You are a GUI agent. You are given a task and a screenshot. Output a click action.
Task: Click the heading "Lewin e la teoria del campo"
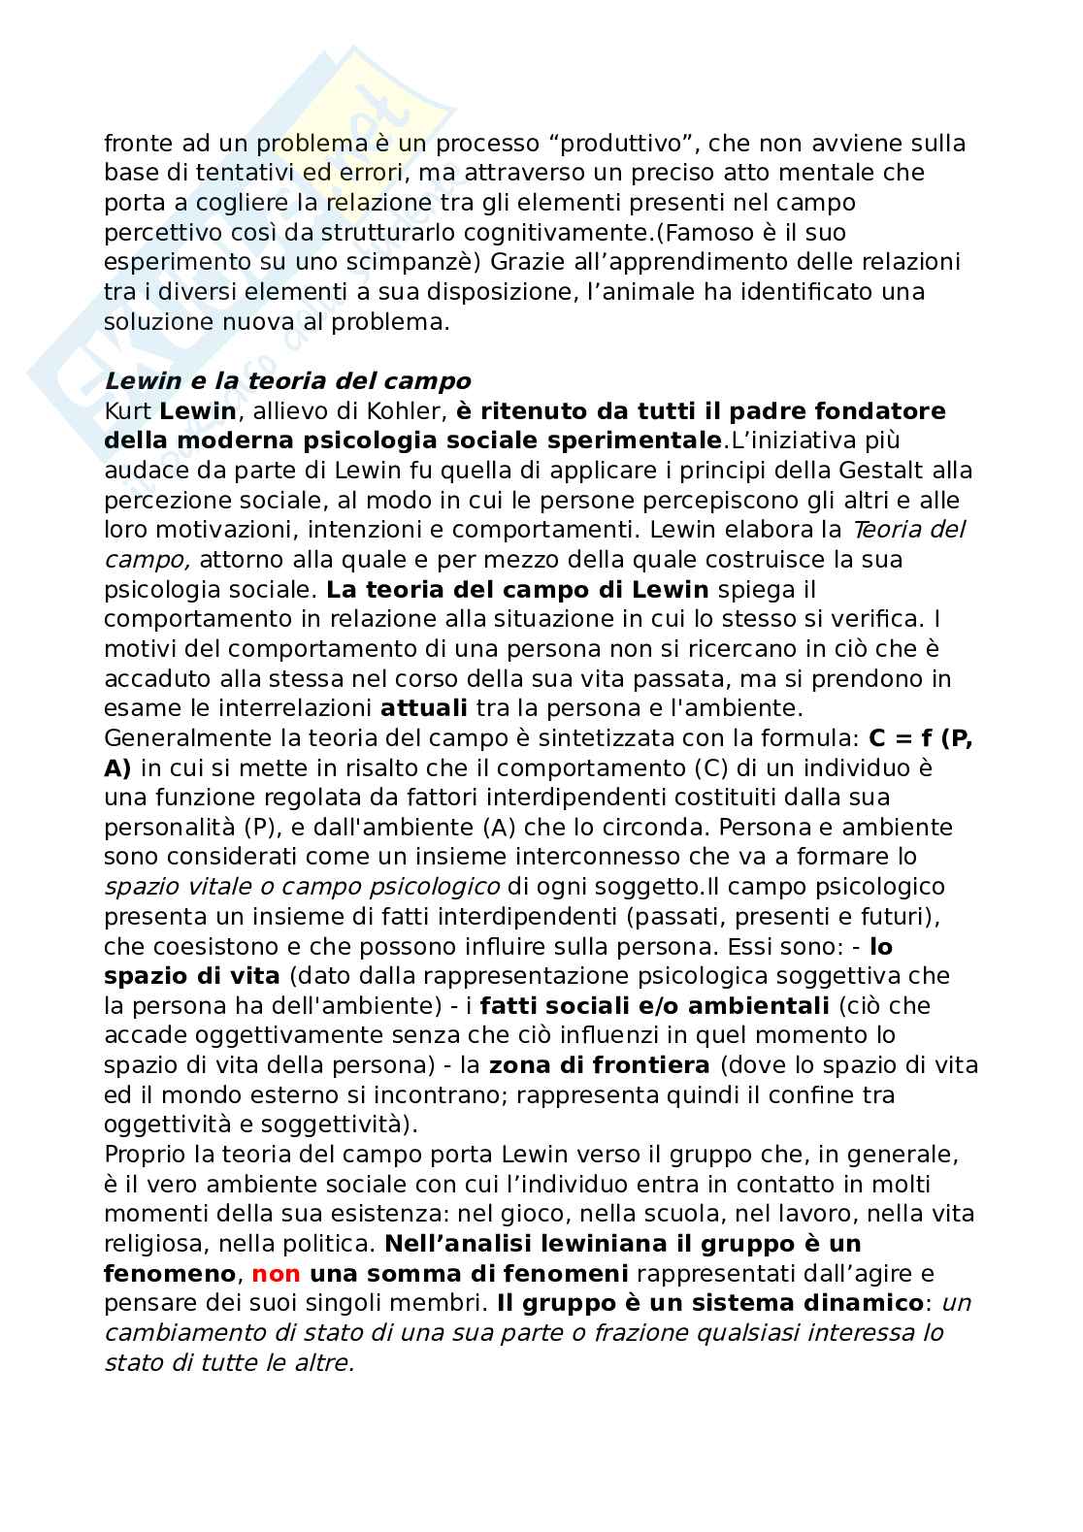pyautogui.click(x=287, y=381)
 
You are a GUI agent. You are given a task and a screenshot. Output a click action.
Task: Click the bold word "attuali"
pyautogui.click(x=424, y=707)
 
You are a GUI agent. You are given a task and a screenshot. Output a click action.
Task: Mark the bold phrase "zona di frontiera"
pyautogui.click(x=599, y=1064)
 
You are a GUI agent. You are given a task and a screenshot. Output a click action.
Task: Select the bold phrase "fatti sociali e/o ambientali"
pyautogui.click(x=654, y=1005)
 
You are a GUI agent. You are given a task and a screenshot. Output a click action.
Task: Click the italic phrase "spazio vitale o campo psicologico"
pyautogui.click(x=302, y=886)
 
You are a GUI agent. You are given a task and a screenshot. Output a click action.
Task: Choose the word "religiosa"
pyautogui.click(x=155, y=1243)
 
